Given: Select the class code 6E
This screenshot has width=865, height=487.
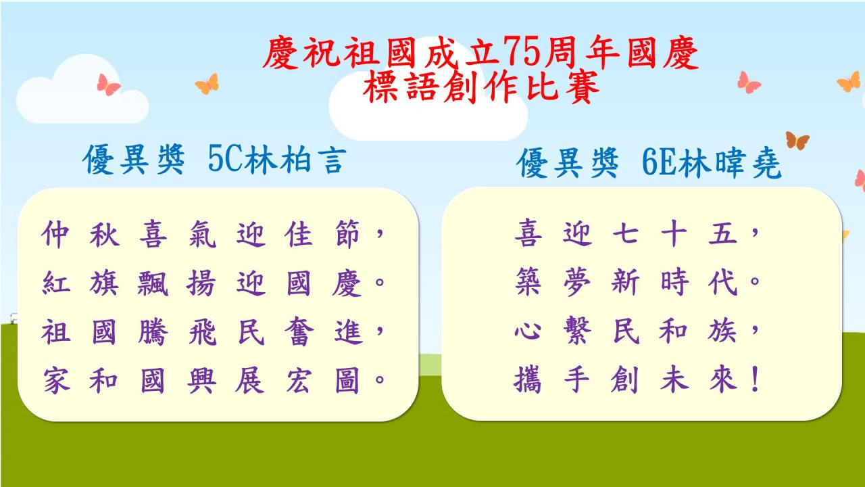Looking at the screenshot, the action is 659,162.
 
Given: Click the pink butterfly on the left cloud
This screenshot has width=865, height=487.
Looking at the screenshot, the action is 109,85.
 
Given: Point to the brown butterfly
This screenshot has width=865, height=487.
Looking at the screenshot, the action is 797,141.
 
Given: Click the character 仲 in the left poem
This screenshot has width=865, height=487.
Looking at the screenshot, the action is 55,234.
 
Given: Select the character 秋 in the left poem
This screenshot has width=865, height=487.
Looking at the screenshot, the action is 104,234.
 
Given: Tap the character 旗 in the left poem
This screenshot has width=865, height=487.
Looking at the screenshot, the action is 104,283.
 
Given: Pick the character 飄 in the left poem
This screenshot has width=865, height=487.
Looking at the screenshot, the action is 153,283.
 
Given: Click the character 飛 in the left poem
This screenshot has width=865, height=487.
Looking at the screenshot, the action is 202,331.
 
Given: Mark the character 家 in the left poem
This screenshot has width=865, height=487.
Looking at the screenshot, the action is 56,380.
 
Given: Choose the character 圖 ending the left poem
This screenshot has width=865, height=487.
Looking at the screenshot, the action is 347,380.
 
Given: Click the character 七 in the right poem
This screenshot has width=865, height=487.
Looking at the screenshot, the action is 626,233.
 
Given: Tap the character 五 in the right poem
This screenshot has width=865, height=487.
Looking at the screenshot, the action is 723,233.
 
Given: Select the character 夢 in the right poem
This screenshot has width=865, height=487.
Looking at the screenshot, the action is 577,282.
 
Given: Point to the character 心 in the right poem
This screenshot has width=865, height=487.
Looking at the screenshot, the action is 528,331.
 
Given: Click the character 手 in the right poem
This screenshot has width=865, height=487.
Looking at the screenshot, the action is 577,379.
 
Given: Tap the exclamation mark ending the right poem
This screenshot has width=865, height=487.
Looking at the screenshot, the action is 756,379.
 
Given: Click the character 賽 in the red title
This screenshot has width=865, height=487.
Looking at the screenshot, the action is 583,87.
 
